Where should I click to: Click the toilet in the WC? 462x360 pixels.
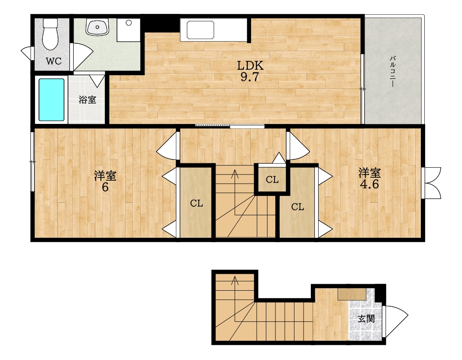tap(50, 34)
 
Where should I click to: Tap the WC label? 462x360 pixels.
tap(54, 62)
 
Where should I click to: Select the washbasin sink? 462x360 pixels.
tap(97, 27)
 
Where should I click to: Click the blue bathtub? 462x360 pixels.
tap(52, 100)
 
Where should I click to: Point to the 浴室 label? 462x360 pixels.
tap(87, 100)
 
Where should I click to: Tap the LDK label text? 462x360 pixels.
tap(250, 65)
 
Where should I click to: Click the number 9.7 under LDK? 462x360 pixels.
tap(249, 77)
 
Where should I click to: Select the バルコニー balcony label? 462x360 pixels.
tap(392, 71)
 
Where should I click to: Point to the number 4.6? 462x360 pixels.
tap(369, 184)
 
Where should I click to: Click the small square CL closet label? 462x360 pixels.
tap(272, 179)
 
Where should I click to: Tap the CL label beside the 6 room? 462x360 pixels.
tap(196, 203)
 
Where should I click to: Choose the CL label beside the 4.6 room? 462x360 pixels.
tap(297, 207)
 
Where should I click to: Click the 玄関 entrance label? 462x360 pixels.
tap(366, 318)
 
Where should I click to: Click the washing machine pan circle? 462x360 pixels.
tap(129, 23)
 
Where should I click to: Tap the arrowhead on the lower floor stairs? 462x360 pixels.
tap(235, 279)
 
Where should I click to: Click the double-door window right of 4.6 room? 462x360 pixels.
tap(431, 183)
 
